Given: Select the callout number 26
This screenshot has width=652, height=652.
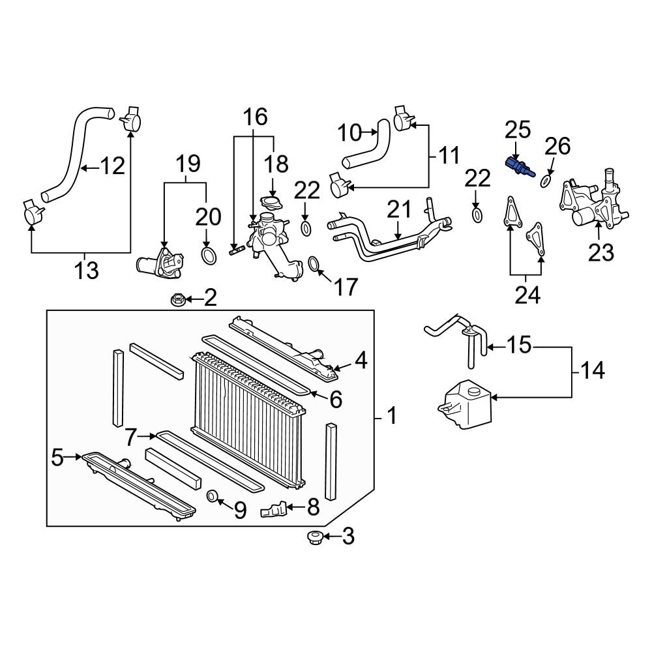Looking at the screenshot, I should pyautogui.click(x=557, y=146).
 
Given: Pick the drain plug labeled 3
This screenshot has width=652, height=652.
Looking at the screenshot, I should pyautogui.click(x=314, y=538).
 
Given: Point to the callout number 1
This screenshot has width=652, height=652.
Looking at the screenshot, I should pyautogui.click(x=391, y=415).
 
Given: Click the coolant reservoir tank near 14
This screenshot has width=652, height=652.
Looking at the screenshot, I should pyautogui.click(x=466, y=405).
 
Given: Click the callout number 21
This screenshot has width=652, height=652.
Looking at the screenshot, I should pyautogui.click(x=399, y=210).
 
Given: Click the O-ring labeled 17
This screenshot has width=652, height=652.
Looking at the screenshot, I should pyautogui.click(x=314, y=264).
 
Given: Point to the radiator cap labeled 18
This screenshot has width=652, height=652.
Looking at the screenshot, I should pyautogui.click(x=268, y=201).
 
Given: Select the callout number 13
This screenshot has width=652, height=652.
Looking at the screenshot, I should pyautogui.click(x=85, y=269).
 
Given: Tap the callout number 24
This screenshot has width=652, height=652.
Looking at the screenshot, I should pyautogui.click(x=527, y=295).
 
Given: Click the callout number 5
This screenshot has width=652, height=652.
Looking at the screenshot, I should pyautogui.click(x=57, y=458).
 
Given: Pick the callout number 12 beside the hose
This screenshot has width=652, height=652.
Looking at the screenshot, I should pyautogui.click(x=112, y=167).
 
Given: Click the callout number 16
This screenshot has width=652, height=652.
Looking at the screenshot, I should pyautogui.click(x=256, y=117).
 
